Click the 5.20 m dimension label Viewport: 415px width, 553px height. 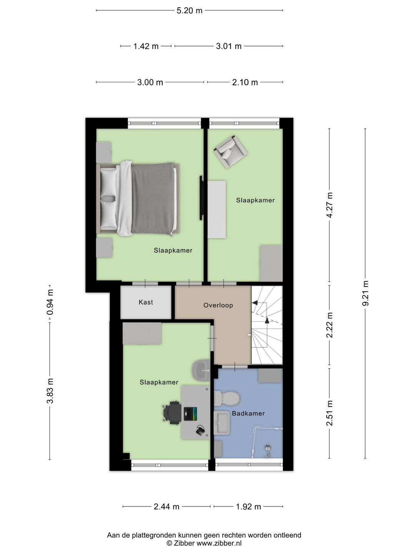189,11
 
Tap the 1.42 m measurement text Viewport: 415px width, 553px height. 146,46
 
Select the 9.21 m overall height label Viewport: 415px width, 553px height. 365,293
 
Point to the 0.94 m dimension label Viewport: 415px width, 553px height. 50,302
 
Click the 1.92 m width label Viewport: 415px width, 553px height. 249,507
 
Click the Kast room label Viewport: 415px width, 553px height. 146,302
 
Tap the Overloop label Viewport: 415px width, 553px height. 218,305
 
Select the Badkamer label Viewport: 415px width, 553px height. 249,414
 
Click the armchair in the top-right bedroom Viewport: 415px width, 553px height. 231,151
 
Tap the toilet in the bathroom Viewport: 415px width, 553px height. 227,398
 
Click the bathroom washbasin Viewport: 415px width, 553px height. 221,423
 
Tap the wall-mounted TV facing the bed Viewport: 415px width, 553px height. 201,198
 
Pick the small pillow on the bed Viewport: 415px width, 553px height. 108,198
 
